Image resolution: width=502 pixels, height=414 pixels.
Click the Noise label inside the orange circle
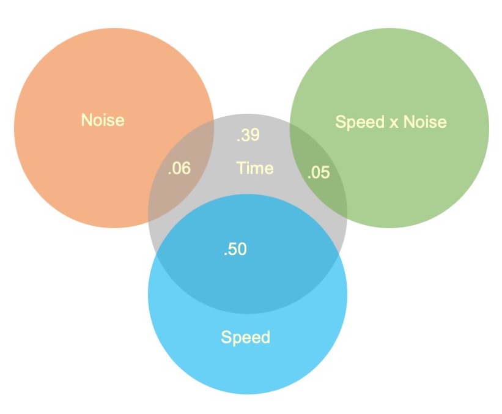coord(103,119)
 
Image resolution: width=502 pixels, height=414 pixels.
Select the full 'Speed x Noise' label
coord(391,122)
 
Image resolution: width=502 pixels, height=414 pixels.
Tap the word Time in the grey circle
coord(254,168)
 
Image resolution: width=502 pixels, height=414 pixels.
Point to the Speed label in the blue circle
coord(245,337)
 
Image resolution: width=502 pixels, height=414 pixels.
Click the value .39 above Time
coord(248,135)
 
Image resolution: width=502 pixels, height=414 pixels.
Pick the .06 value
coord(179,168)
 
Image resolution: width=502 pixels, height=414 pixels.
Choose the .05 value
coord(318,173)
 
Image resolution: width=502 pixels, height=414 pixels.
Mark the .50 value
coord(235,249)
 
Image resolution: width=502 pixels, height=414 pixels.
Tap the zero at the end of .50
coord(243,249)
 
